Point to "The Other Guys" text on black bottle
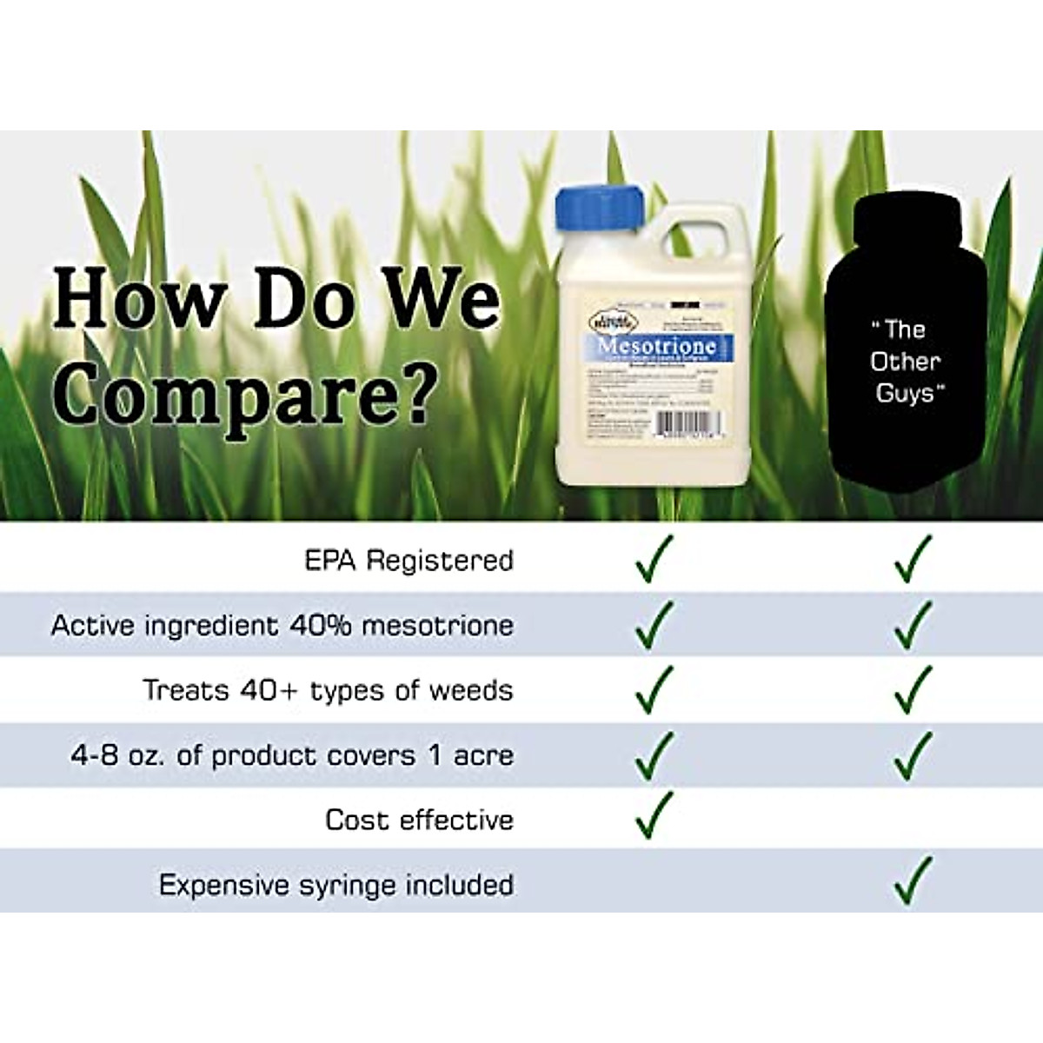(906, 361)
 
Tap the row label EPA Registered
(409, 561)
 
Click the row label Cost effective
(419, 820)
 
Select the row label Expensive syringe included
(335, 885)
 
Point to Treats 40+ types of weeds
(328, 690)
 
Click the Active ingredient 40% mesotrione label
(282, 626)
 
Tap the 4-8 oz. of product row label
(291, 755)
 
